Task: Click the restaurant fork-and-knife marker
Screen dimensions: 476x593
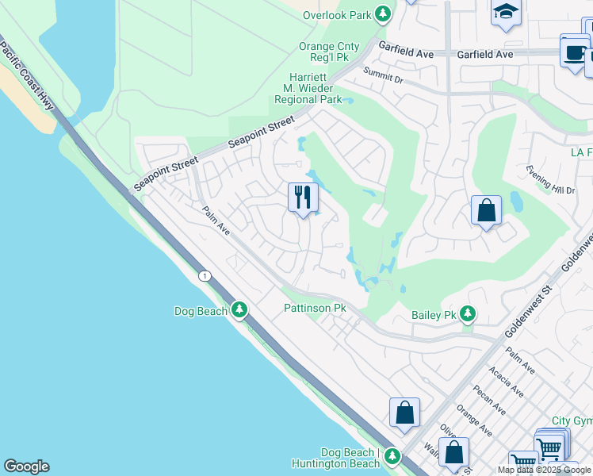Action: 302,198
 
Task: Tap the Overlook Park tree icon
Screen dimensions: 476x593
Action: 383,14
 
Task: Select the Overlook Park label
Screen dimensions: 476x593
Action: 337,15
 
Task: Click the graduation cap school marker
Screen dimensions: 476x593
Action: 504,12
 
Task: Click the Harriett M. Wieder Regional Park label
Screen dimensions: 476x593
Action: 308,88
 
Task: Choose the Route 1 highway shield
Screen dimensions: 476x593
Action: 205,275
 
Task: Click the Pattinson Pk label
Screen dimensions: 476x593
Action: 316,308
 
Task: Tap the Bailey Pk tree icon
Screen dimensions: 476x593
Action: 469,315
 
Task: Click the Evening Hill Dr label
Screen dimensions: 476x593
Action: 549,178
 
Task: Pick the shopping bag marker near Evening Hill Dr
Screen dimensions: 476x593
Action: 486,210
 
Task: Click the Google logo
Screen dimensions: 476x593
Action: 26,466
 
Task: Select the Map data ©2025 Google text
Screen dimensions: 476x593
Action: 545,470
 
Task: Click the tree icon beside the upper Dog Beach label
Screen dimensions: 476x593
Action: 240,311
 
